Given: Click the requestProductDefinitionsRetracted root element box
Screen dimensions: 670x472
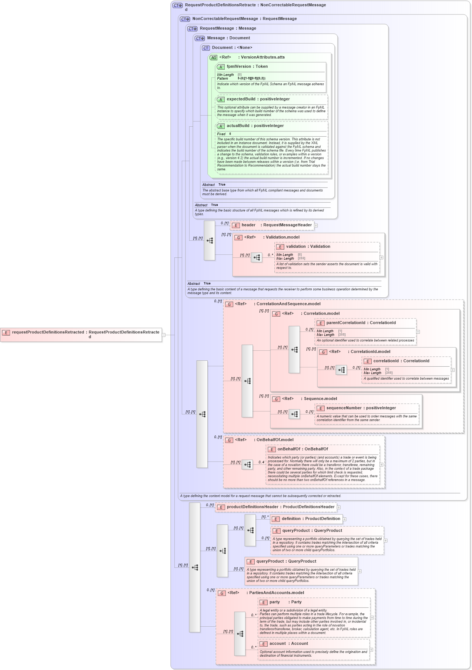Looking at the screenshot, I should tap(81, 334).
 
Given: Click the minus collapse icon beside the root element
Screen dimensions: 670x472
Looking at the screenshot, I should tap(164, 335).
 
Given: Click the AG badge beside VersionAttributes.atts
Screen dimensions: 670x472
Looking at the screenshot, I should tap(213, 58).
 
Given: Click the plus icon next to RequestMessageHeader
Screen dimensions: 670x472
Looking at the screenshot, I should tap(316, 225).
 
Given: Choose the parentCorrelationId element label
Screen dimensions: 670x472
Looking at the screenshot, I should tap(361, 323).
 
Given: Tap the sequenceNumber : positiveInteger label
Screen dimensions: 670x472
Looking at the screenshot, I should tap(361, 408).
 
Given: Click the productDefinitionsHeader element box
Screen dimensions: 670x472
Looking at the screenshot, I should tap(276, 507).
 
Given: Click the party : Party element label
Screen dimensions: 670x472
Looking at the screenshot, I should tap(285, 602).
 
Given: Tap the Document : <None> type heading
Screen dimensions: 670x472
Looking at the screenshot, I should tap(232, 48).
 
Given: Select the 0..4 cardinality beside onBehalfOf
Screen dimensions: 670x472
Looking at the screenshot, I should tap(261, 462).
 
